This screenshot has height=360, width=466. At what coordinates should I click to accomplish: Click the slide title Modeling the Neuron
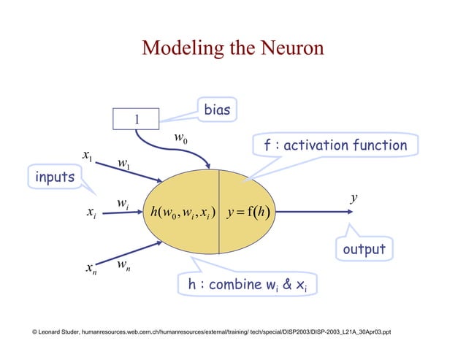232,48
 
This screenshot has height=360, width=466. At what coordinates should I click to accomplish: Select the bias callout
216,110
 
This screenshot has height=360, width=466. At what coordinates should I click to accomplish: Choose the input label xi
90,212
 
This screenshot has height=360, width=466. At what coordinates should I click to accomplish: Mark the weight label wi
124,202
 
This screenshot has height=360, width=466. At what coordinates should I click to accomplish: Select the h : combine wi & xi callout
248,285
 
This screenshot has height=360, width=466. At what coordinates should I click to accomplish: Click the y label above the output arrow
354,198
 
